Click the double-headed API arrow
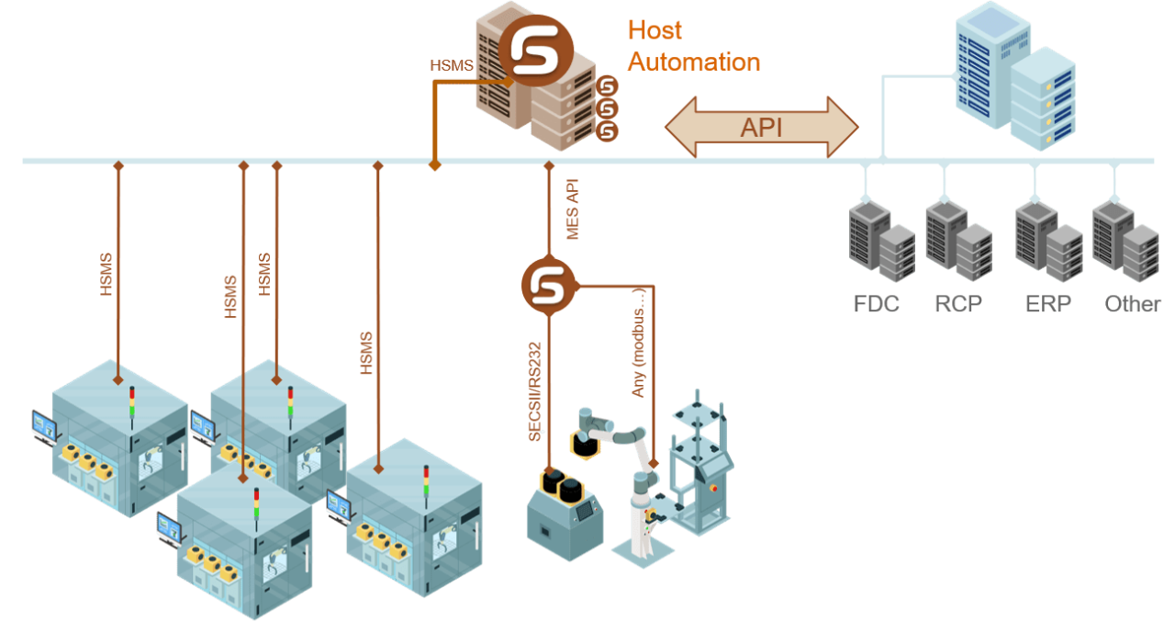tap(761, 127)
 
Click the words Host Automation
tap(693, 46)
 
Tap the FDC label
tap(876, 304)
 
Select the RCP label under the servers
tap(958, 304)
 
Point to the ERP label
tap(1047, 304)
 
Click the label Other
tap(1133, 304)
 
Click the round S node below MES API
tap(549, 286)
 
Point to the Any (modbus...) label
tap(640, 341)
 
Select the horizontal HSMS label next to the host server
tap(451, 66)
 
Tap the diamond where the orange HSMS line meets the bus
tap(435, 165)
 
